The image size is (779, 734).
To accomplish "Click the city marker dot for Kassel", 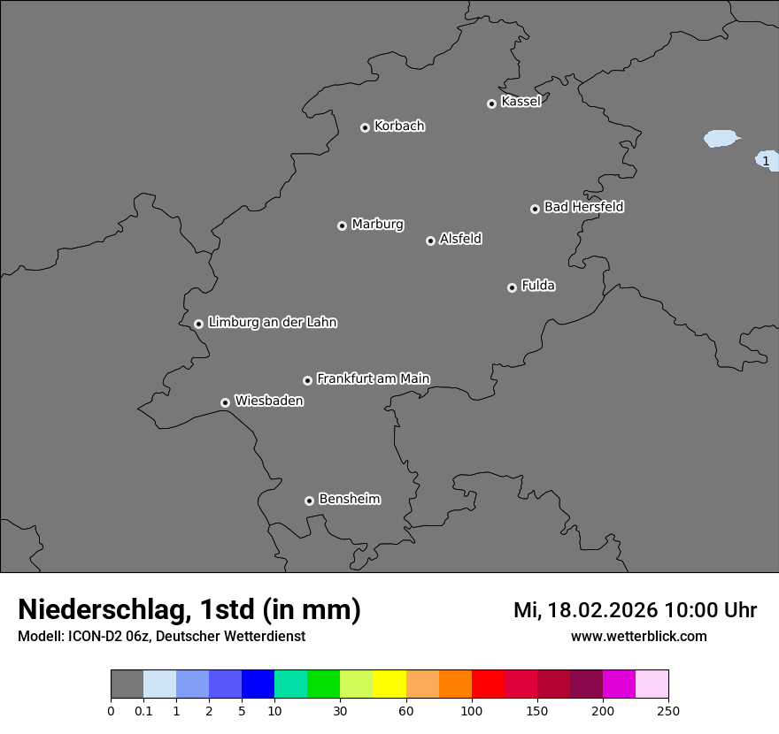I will click(491, 103).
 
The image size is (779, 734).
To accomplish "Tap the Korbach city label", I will click(399, 126).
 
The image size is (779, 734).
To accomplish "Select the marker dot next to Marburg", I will click(342, 226).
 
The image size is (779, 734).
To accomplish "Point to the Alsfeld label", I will click(460, 239).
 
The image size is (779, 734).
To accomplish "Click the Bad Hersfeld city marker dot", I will click(535, 209).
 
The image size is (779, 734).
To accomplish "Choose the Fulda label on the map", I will click(538, 286).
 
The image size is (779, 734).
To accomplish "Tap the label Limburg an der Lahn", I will click(273, 323).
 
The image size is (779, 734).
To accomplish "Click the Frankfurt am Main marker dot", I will click(307, 380).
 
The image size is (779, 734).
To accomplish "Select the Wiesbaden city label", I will click(269, 401).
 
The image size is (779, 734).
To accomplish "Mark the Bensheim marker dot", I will click(309, 501).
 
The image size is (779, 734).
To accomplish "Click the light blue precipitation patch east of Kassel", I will click(721, 139).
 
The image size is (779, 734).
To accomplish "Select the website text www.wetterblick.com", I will click(638, 636).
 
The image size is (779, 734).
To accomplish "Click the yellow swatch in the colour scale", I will click(389, 684).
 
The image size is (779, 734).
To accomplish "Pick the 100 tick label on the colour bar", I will click(472, 710).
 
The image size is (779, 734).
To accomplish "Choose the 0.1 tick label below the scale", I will click(143, 710).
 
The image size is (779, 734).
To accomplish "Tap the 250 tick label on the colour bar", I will click(668, 710).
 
